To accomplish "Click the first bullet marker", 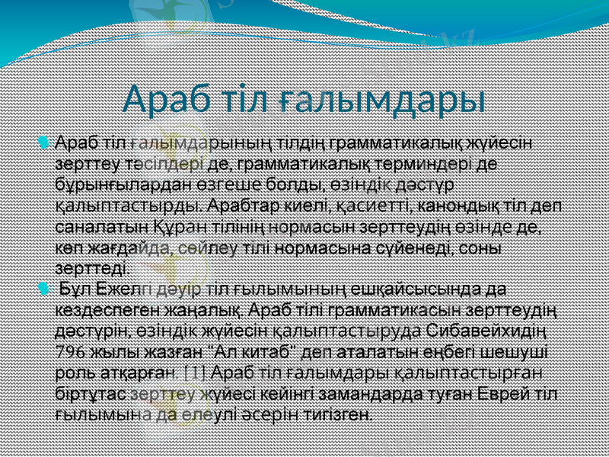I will coord(43,142).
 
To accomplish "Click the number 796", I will coord(71,352).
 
